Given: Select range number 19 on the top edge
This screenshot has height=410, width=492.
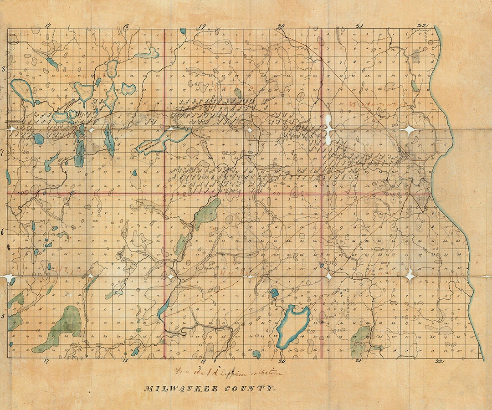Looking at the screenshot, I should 203,26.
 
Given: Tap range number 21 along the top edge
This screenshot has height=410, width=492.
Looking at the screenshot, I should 359,26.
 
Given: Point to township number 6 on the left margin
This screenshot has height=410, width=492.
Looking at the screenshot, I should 4,232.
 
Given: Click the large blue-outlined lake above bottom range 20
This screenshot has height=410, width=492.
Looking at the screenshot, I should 292,326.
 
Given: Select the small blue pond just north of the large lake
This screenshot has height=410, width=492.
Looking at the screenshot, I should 274,293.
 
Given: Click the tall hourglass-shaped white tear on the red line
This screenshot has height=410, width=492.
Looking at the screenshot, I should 328,129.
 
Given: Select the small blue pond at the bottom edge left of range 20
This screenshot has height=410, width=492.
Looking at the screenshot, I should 256,354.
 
